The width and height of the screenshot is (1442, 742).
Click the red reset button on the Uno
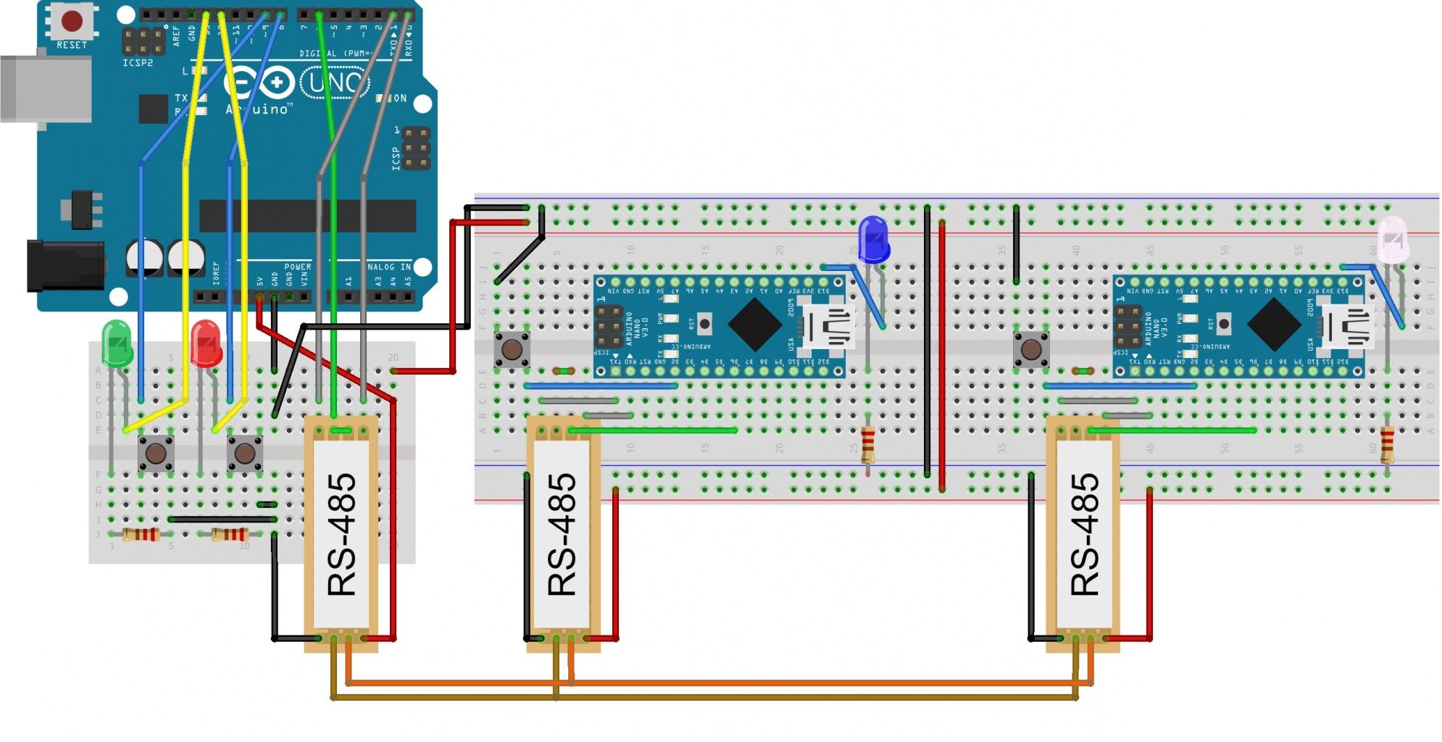coord(72,21)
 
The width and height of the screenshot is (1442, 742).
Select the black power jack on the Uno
coord(65,265)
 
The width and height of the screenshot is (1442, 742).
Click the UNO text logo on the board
coord(335,83)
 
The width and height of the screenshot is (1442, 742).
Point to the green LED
coord(117,343)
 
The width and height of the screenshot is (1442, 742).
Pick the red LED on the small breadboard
coord(206,343)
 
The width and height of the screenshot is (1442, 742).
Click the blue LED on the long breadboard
coord(873,238)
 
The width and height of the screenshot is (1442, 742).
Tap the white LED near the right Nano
coord(1392,238)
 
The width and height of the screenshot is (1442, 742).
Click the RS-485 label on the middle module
coord(562,535)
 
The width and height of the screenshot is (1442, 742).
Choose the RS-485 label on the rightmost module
coord(1085,535)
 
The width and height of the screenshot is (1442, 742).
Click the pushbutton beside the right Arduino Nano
coord(1030,350)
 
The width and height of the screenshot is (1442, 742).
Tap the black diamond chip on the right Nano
coord(1274,324)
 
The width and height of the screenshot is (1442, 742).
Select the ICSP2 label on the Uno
coord(137,63)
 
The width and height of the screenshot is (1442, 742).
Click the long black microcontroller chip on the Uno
coord(307,216)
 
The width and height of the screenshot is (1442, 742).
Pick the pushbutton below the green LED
coord(156,454)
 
